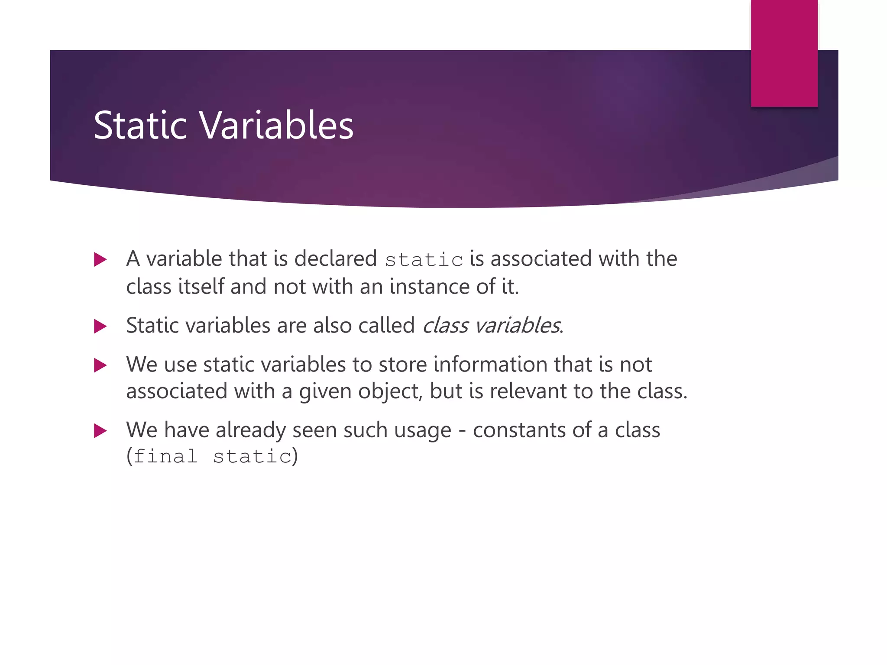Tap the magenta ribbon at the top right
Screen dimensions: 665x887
[x=784, y=53]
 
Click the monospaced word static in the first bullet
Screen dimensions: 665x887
[x=424, y=260]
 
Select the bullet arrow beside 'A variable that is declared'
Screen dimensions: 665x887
[x=100, y=260]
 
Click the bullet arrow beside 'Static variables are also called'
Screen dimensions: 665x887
[x=100, y=326]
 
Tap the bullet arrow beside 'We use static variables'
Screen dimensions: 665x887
[x=100, y=365]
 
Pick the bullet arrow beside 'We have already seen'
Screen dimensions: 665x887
[x=100, y=431]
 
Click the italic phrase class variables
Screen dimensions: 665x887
[x=491, y=326]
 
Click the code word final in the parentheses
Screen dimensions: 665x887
[x=165, y=456]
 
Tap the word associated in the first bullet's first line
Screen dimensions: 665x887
[x=541, y=259]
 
